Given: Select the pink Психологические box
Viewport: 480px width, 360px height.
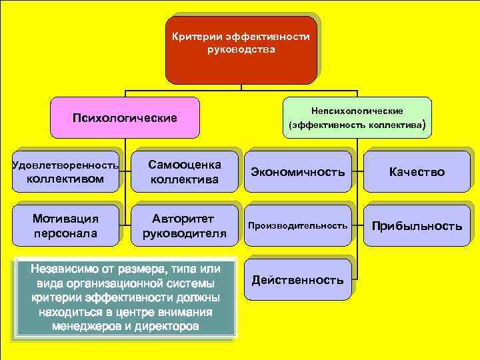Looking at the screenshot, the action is tap(125, 118).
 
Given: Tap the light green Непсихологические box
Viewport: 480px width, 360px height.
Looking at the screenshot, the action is tap(357, 117).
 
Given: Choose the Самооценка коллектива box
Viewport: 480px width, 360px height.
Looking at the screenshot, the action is tap(185, 171).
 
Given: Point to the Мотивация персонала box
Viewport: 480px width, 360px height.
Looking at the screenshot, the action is tap(65, 225).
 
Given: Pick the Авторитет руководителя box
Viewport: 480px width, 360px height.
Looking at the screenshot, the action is tap(185, 225).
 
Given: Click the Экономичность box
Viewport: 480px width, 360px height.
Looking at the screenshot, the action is tap(298, 172).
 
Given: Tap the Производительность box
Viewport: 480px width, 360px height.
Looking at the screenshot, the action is tap(298, 226).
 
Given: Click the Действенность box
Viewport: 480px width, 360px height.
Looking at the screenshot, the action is tap(298, 280).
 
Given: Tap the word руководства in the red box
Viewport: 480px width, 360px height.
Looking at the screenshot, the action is tap(241, 49).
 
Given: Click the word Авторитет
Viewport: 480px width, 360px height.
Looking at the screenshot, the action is tap(185, 218).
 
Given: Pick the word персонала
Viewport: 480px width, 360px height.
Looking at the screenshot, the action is tap(65, 233).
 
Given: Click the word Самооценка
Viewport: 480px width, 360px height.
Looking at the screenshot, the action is tap(185, 164).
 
